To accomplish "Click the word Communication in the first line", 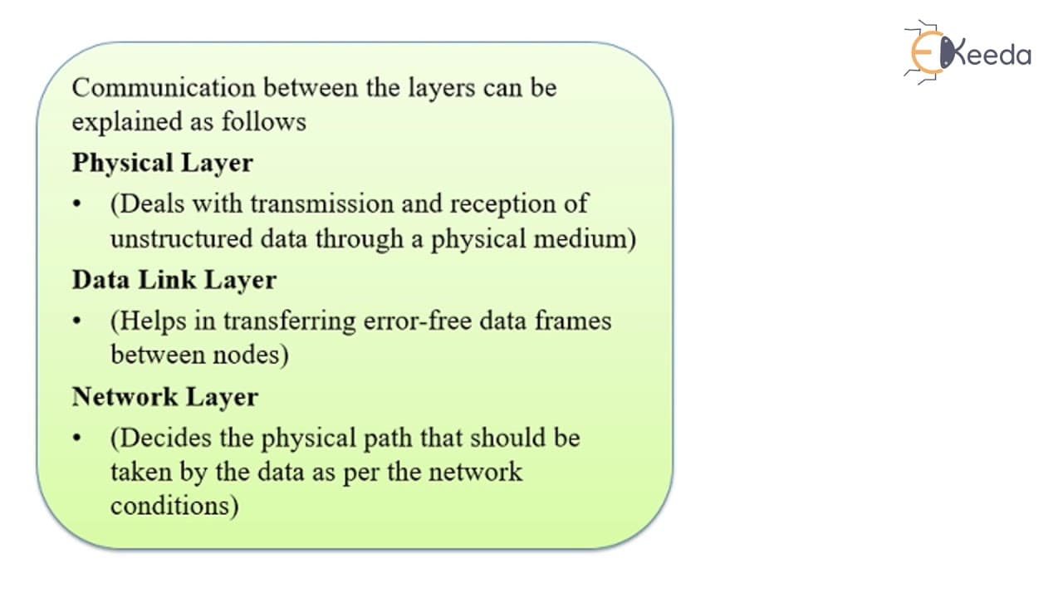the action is [x=164, y=88].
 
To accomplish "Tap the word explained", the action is [x=127, y=122].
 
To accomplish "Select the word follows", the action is [x=264, y=121].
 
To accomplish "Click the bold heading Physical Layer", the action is [x=162, y=164].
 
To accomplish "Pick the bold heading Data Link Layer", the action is [x=174, y=281].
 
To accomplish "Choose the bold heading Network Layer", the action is [x=165, y=397].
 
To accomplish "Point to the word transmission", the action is [x=322, y=203].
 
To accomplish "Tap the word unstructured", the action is [x=181, y=238].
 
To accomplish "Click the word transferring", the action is [x=290, y=321].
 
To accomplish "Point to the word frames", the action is [x=573, y=321].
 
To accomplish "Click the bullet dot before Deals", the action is [x=77, y=204].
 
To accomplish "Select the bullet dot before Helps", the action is [x=77, y=321].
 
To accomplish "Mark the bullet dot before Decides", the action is [x=77, y=438].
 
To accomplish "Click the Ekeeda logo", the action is [x=968, y=52].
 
